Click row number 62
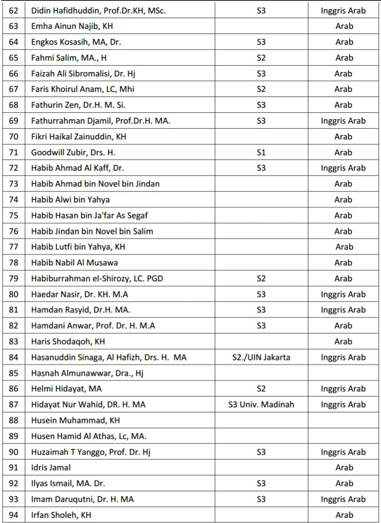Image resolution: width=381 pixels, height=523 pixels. point(13,11)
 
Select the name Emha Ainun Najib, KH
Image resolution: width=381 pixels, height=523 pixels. point(72,26)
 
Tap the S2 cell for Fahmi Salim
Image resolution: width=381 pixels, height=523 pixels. point(261,58)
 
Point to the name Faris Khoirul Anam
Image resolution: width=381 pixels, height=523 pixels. point(83,89)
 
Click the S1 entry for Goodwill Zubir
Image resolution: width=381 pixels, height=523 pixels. point(261,152)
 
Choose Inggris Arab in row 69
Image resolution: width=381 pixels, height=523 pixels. point(343,121)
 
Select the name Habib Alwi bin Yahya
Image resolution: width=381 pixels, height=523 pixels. point(70,200)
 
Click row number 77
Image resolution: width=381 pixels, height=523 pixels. point(13,247)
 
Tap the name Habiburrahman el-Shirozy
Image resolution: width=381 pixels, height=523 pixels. point(97,278)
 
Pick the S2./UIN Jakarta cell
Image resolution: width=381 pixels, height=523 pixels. point(261,357)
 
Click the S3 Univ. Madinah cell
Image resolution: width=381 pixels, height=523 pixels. point(261,405)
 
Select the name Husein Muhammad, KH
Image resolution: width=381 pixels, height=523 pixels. point(75,420)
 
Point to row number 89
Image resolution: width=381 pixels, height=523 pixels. point(13,436)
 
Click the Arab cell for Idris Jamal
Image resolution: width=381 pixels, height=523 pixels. point(344,467)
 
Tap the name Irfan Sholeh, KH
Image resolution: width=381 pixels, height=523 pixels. point(61,515)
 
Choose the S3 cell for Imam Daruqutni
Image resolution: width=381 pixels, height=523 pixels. point(261,499)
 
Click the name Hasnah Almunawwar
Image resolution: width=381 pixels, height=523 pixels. point(87,373)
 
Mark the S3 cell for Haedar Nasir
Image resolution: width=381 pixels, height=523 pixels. point(261,294)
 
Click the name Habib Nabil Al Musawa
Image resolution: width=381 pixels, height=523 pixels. point(74,262)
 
